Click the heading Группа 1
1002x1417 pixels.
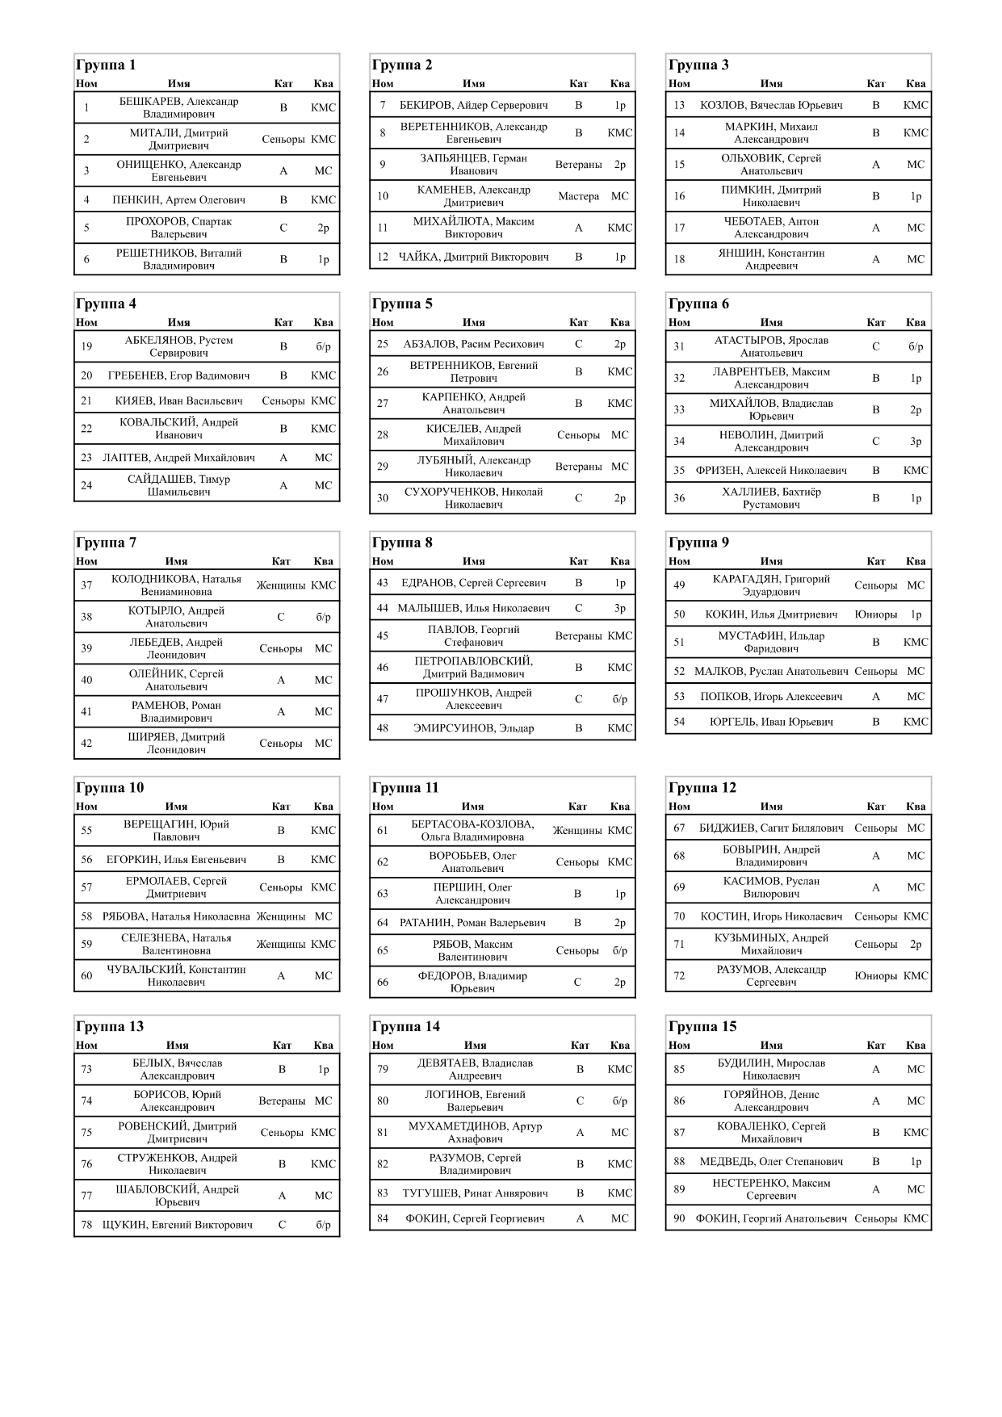click(106, 65)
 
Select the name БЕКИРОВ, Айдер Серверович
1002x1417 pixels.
click(473, 105)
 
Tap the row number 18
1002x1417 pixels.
click(679, 259)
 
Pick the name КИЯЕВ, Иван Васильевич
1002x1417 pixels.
click(178, 400)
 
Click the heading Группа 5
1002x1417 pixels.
click(402, 304)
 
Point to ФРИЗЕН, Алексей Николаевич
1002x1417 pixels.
click(771, 470)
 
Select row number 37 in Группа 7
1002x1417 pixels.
click(86, 585)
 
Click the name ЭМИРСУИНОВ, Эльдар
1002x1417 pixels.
click(473, 727)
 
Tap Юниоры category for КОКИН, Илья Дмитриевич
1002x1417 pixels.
click(875, 614)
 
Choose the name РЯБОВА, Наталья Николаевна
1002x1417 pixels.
click(176, 916)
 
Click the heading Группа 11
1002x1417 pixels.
click(405, 788)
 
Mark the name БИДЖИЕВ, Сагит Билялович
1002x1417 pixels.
click(771, 828)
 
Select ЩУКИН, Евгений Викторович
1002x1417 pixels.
click(178, 1225)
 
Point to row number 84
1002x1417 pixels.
click(383, 1218)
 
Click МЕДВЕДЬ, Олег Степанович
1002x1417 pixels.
click(771, 1162)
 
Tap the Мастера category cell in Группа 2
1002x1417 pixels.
click(578, 196)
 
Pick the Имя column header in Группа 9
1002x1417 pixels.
click(771, 561)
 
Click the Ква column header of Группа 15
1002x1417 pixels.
click(916, 1045)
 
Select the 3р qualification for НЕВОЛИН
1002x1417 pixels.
click(916, 442)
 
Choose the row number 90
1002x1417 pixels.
click(679, 1218)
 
